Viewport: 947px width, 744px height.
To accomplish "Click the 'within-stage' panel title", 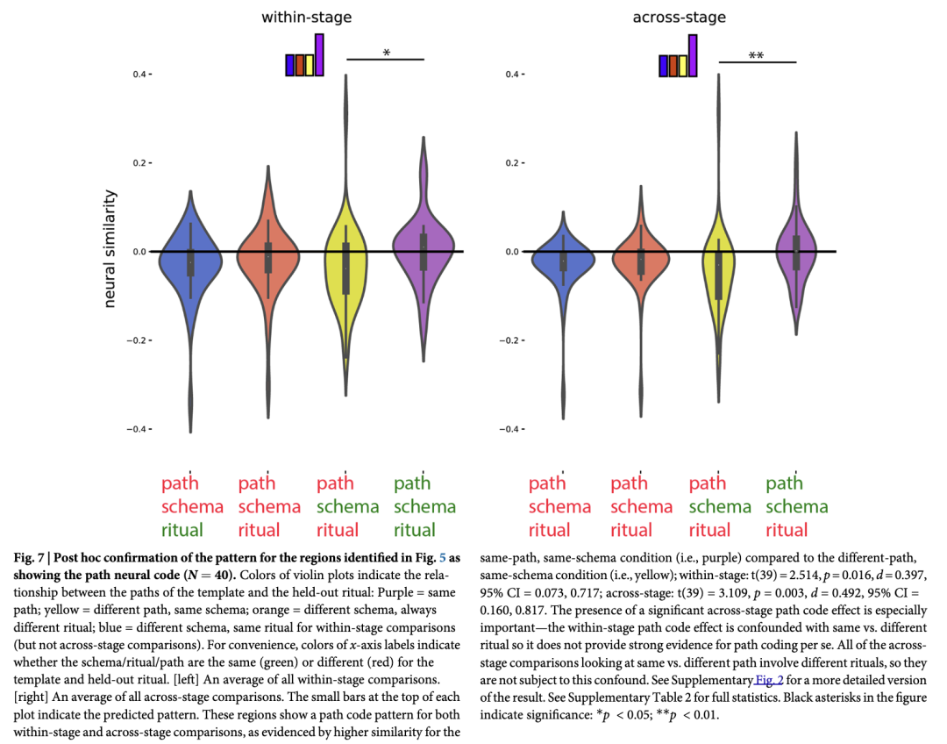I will point(301,17).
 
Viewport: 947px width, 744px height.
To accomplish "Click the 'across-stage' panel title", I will point(679,17).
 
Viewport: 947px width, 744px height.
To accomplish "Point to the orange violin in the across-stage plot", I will point(641,254).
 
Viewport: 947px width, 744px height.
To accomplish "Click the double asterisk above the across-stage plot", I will point(756,57).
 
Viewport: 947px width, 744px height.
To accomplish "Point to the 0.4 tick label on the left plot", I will point(140,75).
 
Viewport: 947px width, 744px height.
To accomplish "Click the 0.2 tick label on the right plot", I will point(510,163).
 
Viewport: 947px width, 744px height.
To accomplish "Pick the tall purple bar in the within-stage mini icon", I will point(320,55).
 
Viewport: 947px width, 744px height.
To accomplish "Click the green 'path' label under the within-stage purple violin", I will point(412,483).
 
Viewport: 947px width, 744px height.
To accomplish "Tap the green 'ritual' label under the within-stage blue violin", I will point(182,530).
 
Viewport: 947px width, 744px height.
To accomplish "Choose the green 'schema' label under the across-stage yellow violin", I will point(720,507).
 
